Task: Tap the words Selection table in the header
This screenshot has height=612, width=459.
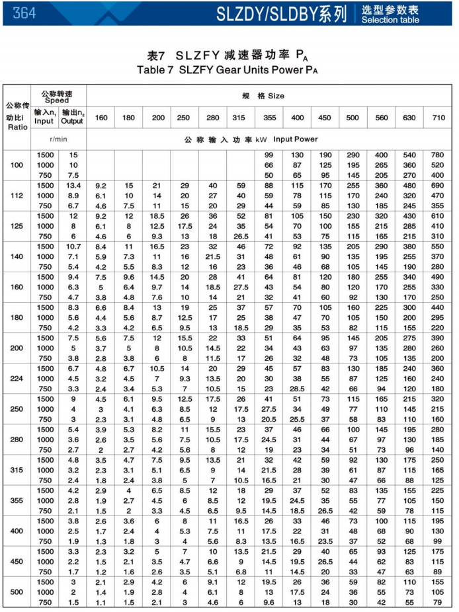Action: coord(390,20)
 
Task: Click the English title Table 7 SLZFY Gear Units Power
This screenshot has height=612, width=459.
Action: coord(224,69)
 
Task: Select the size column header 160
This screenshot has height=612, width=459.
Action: coord(101,118)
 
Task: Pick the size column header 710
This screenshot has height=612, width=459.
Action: coord(438,118)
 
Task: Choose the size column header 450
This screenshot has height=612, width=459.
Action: coord(325,118)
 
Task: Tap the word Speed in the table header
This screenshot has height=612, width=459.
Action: coord(57,101)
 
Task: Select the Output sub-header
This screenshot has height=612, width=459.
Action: coord(72,122)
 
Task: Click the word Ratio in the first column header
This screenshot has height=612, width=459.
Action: coord(17,126)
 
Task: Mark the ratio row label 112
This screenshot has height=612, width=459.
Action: coord(17,195)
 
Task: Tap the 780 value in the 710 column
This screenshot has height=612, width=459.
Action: coord(438,155)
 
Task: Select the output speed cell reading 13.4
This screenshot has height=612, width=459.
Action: coord(73,185)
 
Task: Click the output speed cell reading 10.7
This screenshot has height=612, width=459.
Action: coord(73,246)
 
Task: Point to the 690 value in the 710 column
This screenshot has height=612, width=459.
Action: coord(438,185)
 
